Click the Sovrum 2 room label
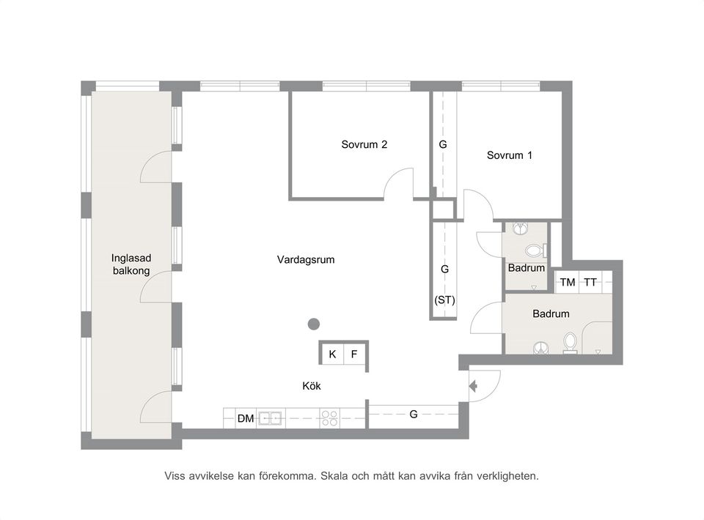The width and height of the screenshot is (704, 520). tap(364, 144)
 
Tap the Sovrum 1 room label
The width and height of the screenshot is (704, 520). tap(510, 155)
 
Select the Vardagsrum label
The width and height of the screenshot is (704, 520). tap(306, 259)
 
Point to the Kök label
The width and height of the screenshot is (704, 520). tap(312, 386)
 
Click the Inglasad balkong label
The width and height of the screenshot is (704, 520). tap(131, 264)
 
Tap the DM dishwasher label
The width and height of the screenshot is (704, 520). tap(246, 419)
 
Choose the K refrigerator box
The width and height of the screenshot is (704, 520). tap(333, 354)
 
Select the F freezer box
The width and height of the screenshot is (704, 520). tap(355, 354)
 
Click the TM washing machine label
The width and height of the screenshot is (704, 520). tap(568, 283)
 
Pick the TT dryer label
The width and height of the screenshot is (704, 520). tap(590, 283)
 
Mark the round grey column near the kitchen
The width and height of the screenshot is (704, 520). tap(313, 324)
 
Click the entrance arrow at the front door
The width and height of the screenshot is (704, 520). tap(473, 386)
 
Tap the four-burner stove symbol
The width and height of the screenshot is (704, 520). tap(329, 418)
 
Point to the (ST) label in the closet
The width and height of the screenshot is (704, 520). tap(444, 300)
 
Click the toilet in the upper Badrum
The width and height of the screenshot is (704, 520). tap(535, 250)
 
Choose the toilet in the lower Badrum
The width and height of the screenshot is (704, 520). tap(571, 343)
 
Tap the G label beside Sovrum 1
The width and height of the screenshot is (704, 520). tap(443, 144)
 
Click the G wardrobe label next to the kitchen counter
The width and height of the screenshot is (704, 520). tap(414, 415)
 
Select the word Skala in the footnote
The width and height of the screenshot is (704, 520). tap(336, 476)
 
